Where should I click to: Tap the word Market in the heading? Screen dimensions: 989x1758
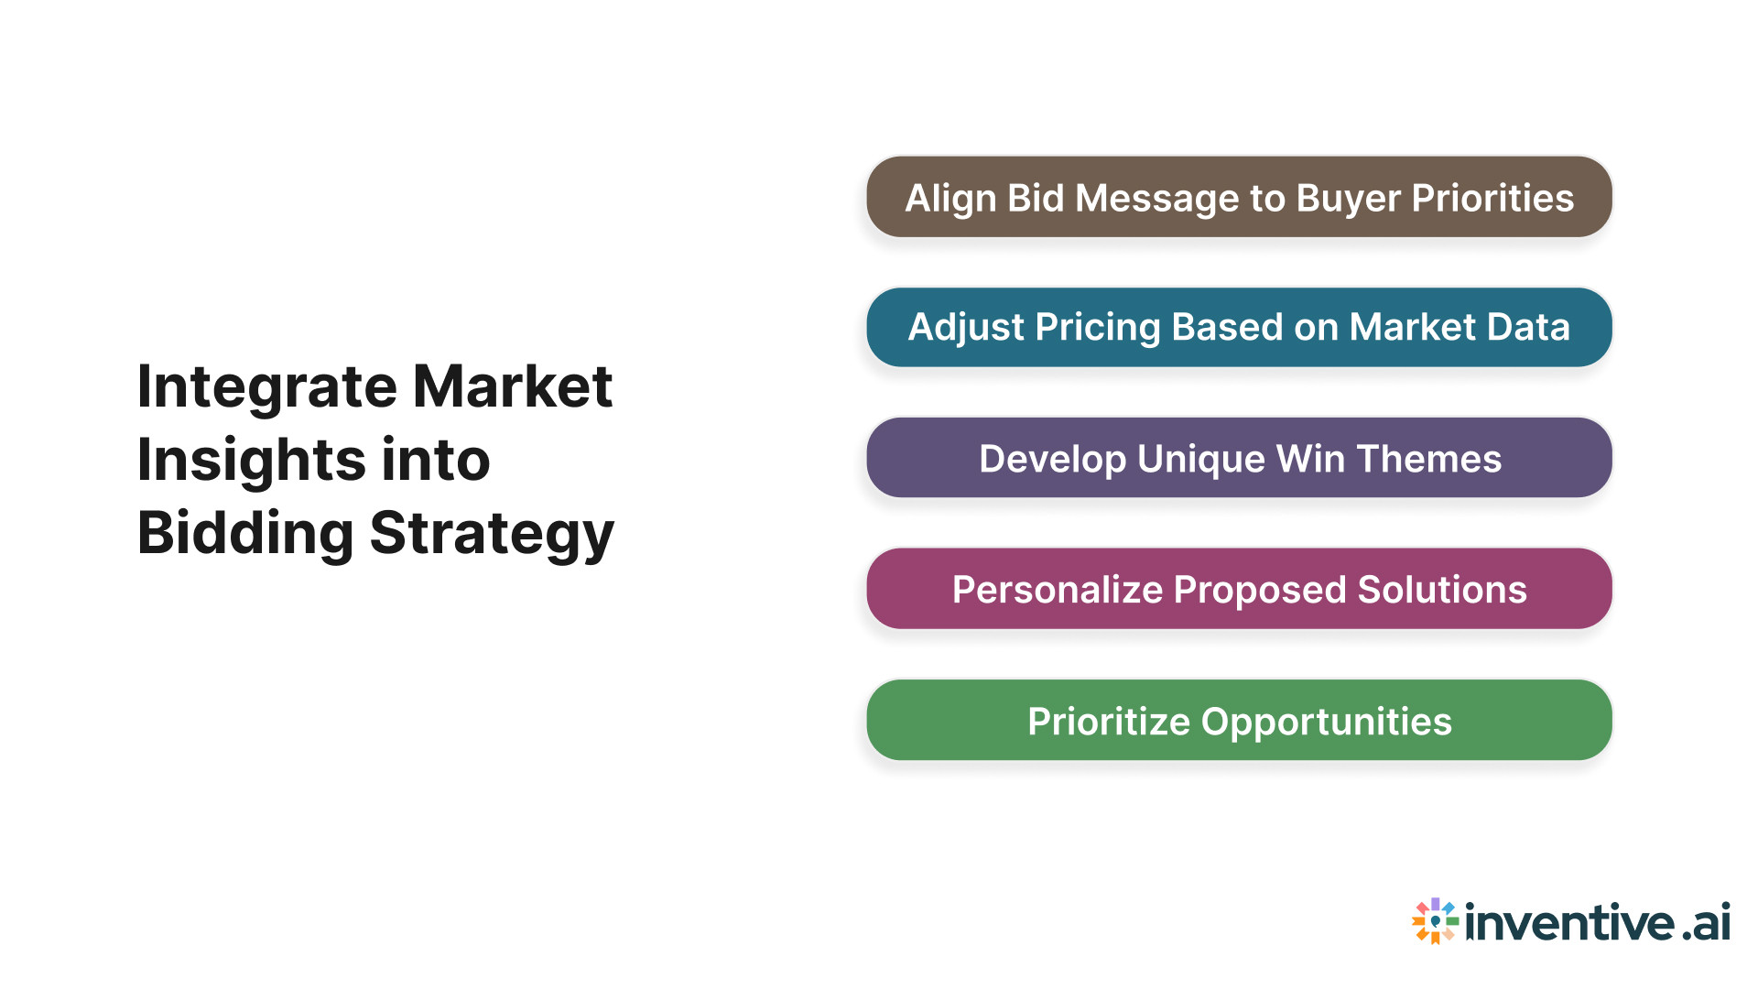(512, 387)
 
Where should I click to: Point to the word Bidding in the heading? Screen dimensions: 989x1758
(244, 533)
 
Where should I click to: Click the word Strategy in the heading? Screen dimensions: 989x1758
(492, 533)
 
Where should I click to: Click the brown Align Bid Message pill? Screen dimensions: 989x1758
(1239, 198)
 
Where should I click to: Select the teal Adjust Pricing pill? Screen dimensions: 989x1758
(1239, 328)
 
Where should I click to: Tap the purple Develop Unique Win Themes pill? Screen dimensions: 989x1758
(1239, 458)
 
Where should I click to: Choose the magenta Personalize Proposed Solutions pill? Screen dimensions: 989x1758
(1239, 589)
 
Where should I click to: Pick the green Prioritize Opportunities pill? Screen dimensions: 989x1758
(1239, 721)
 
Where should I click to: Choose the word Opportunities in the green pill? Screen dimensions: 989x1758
(1326, 722)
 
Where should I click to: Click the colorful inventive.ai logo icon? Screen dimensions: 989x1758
(1435, 920)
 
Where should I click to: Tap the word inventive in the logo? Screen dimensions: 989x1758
(1569, 922)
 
